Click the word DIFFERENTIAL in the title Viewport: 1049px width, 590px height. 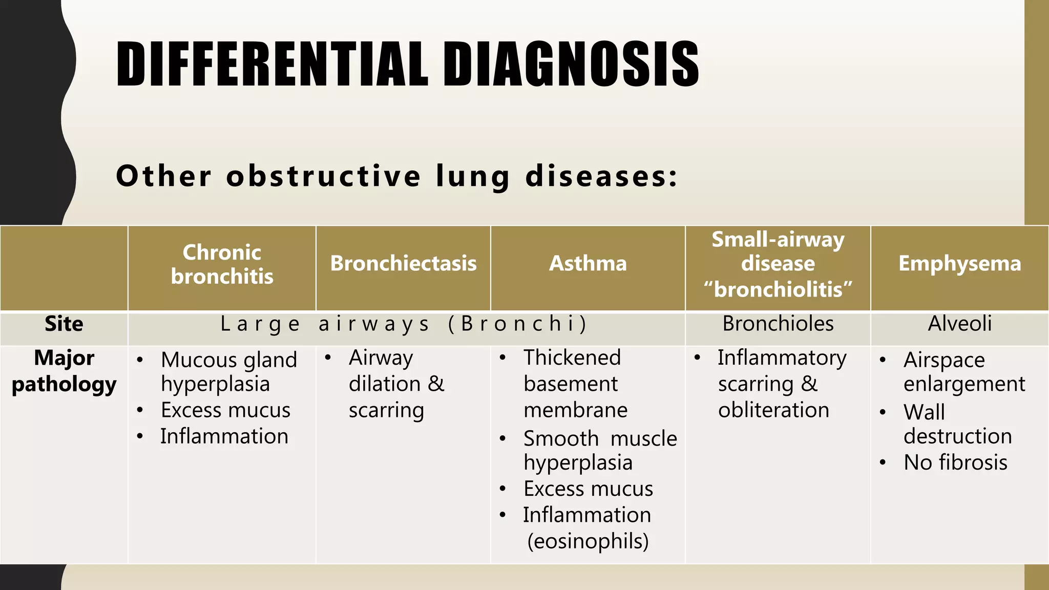point(272,64)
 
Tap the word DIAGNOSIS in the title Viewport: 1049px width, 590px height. point(571,64)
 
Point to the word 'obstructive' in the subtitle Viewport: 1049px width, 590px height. point(324,176)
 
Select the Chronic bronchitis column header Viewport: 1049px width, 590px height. point(222,264)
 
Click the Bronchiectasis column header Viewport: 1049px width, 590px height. point(403,263)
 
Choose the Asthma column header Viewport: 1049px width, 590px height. point(588,263)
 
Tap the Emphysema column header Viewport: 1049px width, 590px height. point(959,263)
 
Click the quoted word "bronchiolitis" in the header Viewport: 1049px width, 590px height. point(778,289)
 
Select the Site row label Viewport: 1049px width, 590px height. point(64,324)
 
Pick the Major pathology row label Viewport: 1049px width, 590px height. point(64,371)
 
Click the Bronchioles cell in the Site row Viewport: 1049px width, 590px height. point(778,324)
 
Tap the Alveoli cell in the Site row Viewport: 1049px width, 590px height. point(959,324)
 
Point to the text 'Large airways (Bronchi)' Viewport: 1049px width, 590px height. point(404,324)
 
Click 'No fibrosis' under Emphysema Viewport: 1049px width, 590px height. point(955,462)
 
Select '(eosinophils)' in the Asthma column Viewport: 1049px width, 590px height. point(588,541)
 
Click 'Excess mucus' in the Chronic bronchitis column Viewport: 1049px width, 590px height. point(225,410)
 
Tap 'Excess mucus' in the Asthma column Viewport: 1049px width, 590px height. point(588,489)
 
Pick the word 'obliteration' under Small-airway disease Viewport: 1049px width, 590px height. point(773,410)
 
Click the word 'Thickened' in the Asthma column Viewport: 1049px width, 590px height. point(572,357)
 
